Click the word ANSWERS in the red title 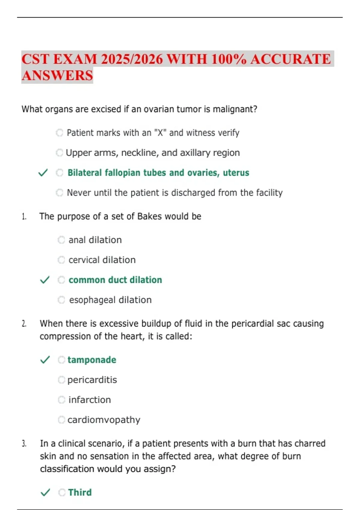tap(57, 75)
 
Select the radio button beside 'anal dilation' tap(61, 240)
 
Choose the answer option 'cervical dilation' tap(102, 260)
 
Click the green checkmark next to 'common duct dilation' tap(45, 280)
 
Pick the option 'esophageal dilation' tap(110, 300)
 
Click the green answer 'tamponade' tap(92, 360)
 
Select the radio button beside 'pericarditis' tap(61, 380)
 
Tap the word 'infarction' tap(90, 400)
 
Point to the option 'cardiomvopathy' tap(104, 420)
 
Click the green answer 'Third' tap(80, 492)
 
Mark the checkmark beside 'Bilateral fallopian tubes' tap(43, 173)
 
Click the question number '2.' tap(24, 324)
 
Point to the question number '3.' tap(24, 443)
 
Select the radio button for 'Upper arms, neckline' tap(59, 153)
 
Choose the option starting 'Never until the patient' tap(175, 193)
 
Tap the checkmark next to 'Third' tap(45, 492)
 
